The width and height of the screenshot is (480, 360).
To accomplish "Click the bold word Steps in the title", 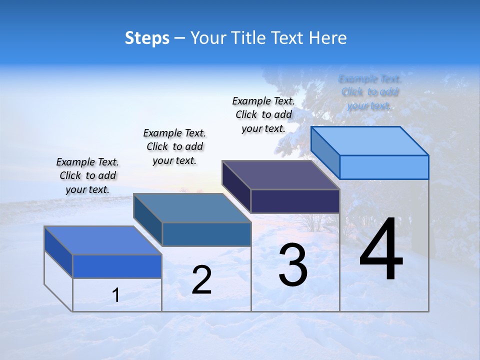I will (x=147, y=38).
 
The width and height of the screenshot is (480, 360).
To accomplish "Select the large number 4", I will (x=381, y=250).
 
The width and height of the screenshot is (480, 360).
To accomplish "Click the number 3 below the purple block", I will (x=293, y=265).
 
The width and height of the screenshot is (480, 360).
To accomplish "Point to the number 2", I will (x=201, y=280).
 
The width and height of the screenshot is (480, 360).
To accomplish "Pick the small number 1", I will (x=116, y=295).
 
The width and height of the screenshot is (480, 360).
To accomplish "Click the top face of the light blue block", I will (x=370, y=141).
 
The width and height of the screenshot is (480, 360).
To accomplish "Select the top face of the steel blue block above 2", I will (x=192, y=208).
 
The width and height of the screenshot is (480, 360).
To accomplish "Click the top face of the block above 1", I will (x=103, y=240).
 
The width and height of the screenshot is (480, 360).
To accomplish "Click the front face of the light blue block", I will (x=384, y=167).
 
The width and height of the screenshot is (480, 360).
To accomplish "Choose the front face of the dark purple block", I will (x=295, y=201).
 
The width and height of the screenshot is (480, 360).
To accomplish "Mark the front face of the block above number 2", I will (x=206, y=234).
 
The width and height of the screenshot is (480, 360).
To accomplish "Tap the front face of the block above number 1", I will (x=117, y=266).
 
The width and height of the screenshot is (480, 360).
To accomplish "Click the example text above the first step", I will (x=87, y=175).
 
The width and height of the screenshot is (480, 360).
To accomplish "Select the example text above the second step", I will (x=174, y=146).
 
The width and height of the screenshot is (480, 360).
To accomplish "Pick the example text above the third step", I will (x=263, y=114).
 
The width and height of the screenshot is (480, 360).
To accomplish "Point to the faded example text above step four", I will (x=369, y=92).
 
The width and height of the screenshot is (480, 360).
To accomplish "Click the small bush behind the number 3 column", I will (x=312, y=222).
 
